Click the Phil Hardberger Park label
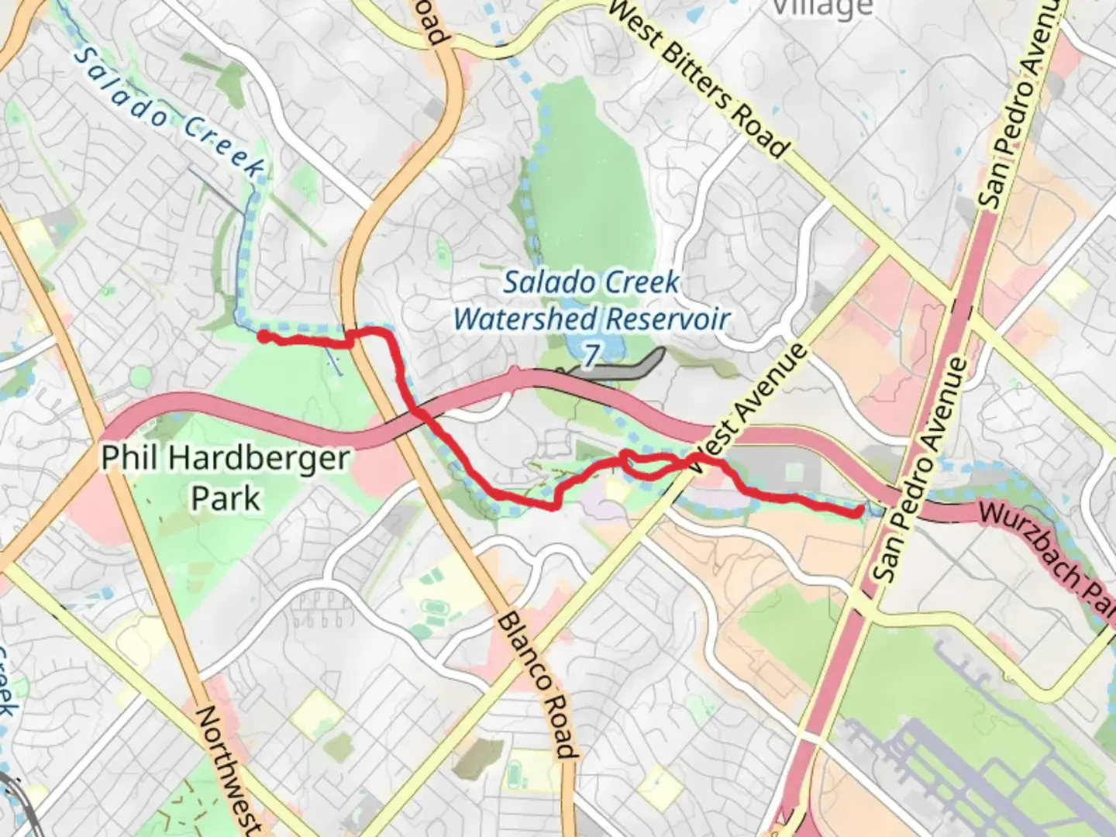pyautogui.click(x=226, y=477)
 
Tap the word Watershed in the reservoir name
pyautogui.click(x=526, y=319)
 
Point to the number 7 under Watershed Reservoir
pyautogui.click(x=591, y=355)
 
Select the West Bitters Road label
pyautogui.click(x=698, y=77)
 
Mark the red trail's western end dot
pyautogui.click(x=263, y=336)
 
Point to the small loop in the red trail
pyautogui.click(x=643, y=463)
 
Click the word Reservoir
pyautogui.click(x=667, y=319)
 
